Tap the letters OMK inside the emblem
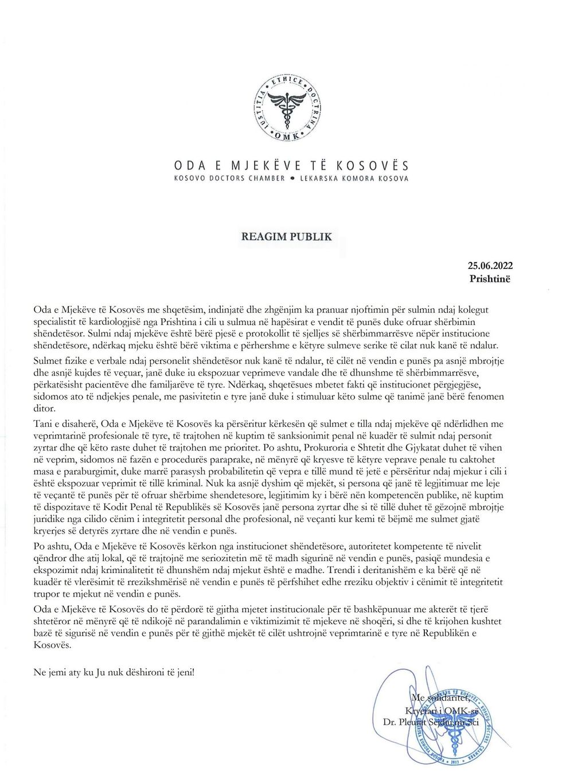286,136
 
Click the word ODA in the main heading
190,166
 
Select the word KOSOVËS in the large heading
372,166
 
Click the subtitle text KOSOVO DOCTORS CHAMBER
229,179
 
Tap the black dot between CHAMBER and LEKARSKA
292,179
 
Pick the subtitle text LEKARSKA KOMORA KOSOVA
354,179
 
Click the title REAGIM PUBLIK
286,237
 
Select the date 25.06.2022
490,265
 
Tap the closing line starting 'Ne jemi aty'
114,672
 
